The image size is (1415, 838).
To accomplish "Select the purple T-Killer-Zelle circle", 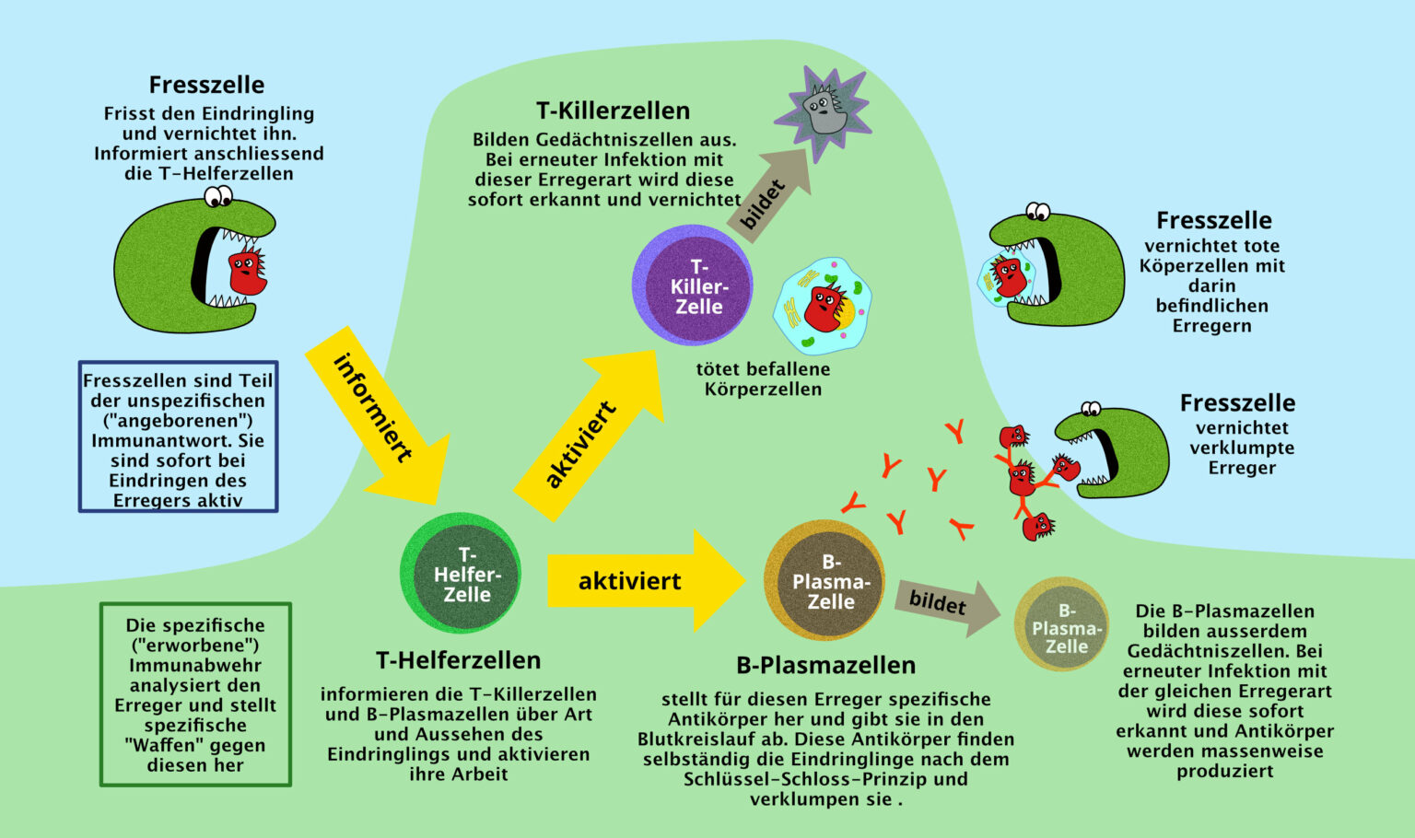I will pyautogui.click(x=693, y=285).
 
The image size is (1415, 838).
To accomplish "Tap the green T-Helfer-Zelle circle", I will pyautogui.click(x=461, y=573).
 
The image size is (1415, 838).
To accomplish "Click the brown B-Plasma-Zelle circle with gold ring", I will pyautogui.click(x=825, y=580).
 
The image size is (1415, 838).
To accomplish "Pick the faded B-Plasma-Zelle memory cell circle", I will pyautogui.click(x=1062, y=624).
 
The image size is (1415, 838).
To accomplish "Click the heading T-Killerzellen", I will pyautogui.click(x=613, y=111).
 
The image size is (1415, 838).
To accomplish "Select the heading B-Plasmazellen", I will pyautogui.click(x=825, y=665).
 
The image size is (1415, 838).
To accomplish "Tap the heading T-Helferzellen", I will pyautogui.click(x=458, y=660).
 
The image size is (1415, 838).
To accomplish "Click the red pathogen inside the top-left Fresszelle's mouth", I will pyautogui.click(x=246, y=273).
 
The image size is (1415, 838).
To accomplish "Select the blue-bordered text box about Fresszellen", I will pyautogui.click(x=178, y=436).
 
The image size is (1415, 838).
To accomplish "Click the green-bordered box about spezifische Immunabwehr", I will pyautogui.click(x=195, y=694).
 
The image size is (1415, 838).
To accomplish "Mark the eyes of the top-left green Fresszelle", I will pyautogui.click(x=218, y=196).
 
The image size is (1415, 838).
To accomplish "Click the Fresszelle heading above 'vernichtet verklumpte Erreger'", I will pyautogui.click(x=1237, y=402).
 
